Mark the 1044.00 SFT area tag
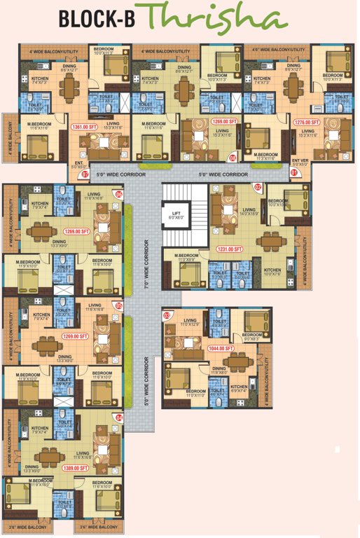click(219, 348)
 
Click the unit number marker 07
click(85, 174)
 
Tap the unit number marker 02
click(258, 187)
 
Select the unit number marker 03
click(167, 315)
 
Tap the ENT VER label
click(300, 162)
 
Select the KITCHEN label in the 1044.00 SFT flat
click(239, 386)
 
